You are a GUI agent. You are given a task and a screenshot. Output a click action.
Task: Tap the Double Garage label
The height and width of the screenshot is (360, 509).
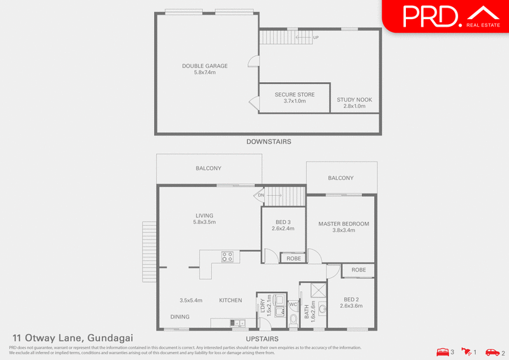click(205, 69)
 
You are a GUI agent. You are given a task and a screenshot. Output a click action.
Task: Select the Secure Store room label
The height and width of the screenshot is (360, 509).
click(295, 98)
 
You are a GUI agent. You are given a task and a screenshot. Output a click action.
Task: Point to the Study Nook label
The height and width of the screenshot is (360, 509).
click(354, 103)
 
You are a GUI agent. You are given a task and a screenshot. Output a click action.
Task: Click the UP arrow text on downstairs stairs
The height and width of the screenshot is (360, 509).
click(316, 38)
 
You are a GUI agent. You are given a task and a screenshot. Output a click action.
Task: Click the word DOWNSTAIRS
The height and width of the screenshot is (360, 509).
click(268, 142)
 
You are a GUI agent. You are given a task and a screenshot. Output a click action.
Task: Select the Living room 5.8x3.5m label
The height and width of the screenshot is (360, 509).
click(204, 219)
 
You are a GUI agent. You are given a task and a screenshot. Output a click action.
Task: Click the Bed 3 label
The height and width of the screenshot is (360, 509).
click(282, 225)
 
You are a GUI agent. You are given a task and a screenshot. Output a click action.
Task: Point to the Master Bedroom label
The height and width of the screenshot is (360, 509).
click(344, 227)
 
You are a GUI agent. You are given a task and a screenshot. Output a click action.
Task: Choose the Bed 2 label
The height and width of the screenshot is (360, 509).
click(352, 302)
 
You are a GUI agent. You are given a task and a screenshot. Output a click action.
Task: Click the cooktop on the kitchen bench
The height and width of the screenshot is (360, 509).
click(227, 256)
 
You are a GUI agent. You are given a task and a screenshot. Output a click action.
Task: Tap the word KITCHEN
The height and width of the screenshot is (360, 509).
click(230, 300)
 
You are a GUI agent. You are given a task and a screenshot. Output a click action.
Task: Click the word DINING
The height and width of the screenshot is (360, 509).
click(179, 316)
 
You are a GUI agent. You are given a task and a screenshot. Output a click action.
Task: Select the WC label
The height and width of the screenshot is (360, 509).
click(293, 305)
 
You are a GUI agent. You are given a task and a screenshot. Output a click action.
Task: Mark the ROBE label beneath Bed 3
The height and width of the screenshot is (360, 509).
click(293, 259)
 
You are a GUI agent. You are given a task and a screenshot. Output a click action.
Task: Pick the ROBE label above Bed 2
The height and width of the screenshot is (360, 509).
click(359, 270)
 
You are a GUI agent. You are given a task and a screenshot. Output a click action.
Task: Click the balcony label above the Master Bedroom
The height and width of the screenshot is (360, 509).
click(340, 178)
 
